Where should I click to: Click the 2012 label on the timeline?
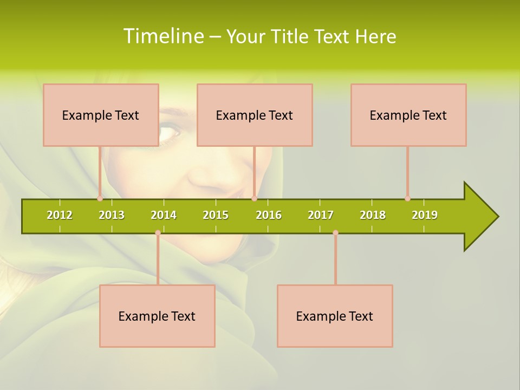click(60, 215)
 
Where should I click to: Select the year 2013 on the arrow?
click(112, 215)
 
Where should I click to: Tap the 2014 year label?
click(164, 215)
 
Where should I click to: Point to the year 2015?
click(216, 215)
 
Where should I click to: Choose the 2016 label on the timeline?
click(269, 215)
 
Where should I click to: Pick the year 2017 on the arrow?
click(321, 215)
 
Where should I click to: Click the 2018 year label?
click(373, 215)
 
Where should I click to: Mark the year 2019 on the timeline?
click(425, 215)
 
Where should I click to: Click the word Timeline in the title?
click(163, 36)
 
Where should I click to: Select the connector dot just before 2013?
click(100, 198)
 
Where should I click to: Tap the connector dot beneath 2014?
click(158, 232)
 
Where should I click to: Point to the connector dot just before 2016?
click(254, 198)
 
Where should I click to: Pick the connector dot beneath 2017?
click(335, 232)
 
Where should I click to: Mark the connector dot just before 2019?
click(407, 198)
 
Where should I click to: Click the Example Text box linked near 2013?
click(101, 115)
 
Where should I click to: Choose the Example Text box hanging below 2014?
click(157, 316)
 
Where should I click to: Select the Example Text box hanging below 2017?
click(335, 316)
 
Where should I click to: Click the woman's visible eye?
click(170, 131)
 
